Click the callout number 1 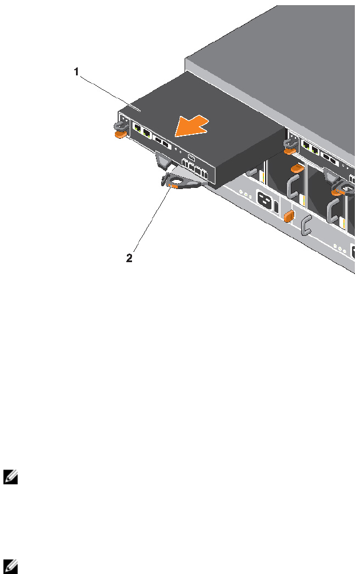click(75, 72)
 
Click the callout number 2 click(129, 258)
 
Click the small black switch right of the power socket click(277, 207)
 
